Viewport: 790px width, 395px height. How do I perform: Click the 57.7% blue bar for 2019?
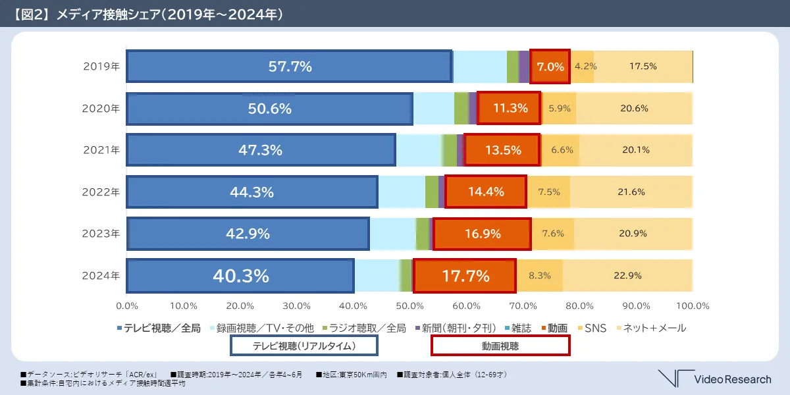pos(289,66)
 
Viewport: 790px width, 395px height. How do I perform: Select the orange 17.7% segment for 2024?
pos(465,276)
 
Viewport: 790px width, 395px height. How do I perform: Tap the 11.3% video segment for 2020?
pos(509,108)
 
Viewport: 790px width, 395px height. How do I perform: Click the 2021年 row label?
pos(101,150)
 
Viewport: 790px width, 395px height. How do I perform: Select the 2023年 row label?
pos(101,234)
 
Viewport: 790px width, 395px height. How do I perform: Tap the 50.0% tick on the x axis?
pos(409,306)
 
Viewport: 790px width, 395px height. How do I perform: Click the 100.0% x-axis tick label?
pos(693,306)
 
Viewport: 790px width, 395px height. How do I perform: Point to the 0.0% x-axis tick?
pos(126,306)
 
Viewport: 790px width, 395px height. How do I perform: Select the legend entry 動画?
pos(554,328)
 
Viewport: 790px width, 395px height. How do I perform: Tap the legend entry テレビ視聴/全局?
pos(161,328)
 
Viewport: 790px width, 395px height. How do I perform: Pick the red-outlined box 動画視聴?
pos(500,346)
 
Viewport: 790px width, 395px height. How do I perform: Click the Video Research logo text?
pos(732,379)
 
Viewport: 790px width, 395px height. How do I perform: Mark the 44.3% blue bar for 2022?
pos(252,192)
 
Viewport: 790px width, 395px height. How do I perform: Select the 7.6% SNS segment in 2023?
pos(553,234)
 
